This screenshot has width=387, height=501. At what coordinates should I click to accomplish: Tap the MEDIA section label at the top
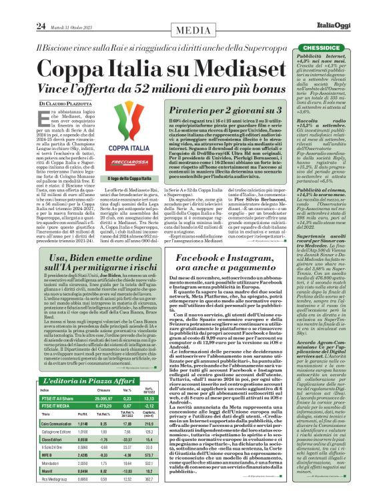point(193,11)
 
